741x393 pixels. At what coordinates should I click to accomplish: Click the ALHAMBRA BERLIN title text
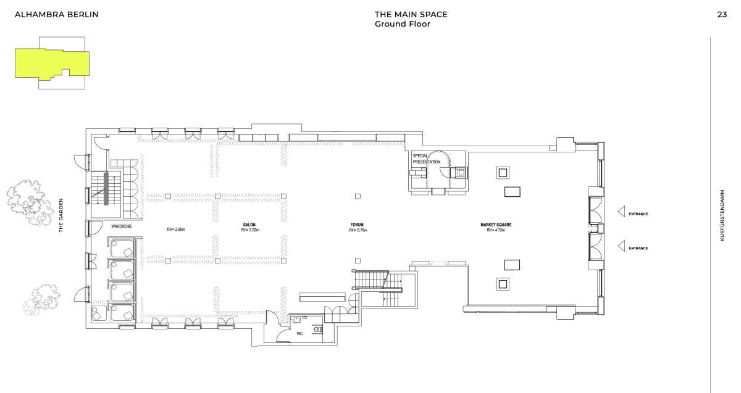[57, 15]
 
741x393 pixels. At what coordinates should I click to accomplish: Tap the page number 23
[722, 15]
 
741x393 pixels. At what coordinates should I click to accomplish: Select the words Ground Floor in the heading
[402, 24]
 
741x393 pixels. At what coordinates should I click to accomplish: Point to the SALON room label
[249, 225]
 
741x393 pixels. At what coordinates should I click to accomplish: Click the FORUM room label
[357, 225]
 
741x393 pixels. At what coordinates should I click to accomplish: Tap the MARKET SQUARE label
[496, 225]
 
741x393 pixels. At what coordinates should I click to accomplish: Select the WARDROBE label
[122, 226]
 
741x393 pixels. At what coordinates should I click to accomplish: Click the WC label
[299, 334]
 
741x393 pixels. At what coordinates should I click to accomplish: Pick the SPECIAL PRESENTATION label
[427, 159]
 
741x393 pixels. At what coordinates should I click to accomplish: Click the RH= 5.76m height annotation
[358, 230]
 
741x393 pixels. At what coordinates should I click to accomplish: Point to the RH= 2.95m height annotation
[175, 230]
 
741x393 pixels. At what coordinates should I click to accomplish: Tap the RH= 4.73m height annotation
[496, 230]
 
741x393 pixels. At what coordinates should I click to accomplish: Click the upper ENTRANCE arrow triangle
[622, 212]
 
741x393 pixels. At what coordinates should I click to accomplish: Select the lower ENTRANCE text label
[638, 248]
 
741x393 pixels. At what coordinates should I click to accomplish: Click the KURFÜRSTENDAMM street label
[722, 215]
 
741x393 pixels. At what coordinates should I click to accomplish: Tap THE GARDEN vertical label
[61, 215]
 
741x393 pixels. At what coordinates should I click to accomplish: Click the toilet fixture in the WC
[318, 329]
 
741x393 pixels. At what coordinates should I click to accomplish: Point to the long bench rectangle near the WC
[322, 297]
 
